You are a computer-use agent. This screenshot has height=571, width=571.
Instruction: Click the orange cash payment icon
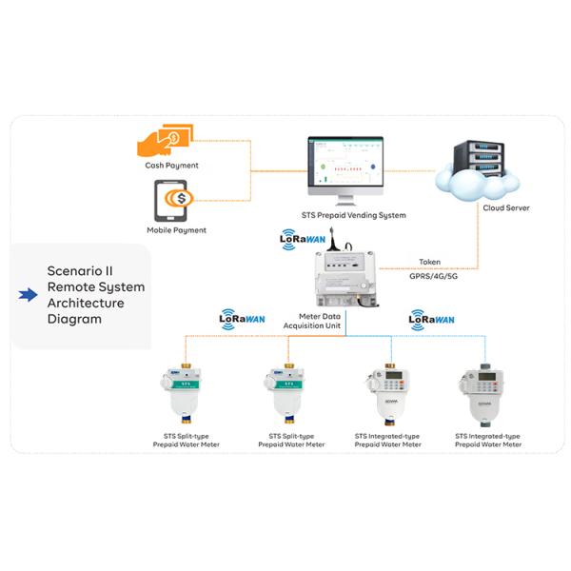[165, 142]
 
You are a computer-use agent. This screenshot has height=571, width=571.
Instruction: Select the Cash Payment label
[171, 166]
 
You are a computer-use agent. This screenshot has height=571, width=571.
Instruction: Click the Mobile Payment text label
[176, 230]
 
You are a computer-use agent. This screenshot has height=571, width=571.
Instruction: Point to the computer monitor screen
[345, 163]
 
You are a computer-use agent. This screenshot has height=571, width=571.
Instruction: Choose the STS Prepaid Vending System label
[346, 215]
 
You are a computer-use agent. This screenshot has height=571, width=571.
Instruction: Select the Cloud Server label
[506, 207]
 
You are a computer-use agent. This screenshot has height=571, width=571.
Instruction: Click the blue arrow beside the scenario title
[28, 295]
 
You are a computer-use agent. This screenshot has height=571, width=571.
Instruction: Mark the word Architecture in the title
[86, 303]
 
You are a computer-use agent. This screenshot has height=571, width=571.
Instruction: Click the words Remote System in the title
[96, 286]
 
